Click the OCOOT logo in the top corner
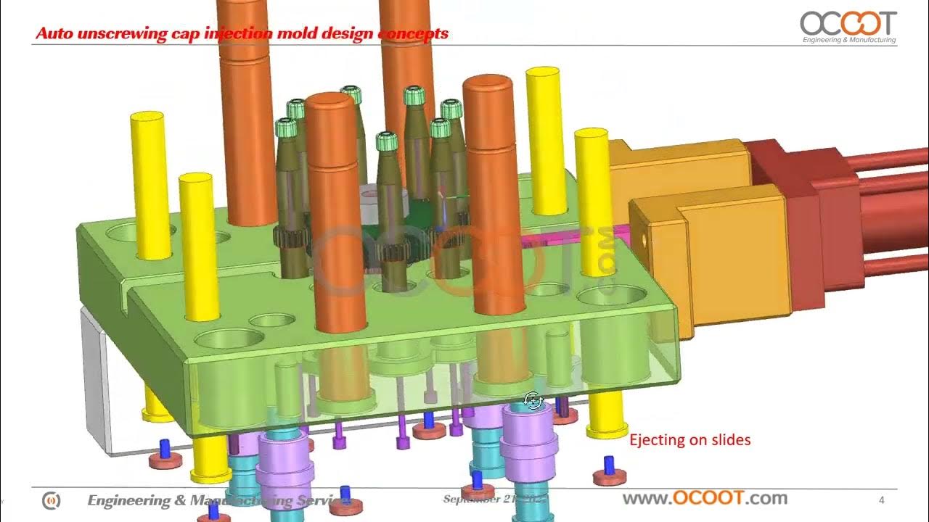click(x=848, y=23)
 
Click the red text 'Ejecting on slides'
click(x=689, y=439)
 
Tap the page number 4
click(x=881, y=500)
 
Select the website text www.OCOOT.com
click(x=705, y=498)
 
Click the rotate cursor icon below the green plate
click(x=533, y=400)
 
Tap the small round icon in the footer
click(x=52, y=500)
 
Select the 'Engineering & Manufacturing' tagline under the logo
click(x=848, y=40)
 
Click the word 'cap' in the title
click(x=171, y=33)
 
